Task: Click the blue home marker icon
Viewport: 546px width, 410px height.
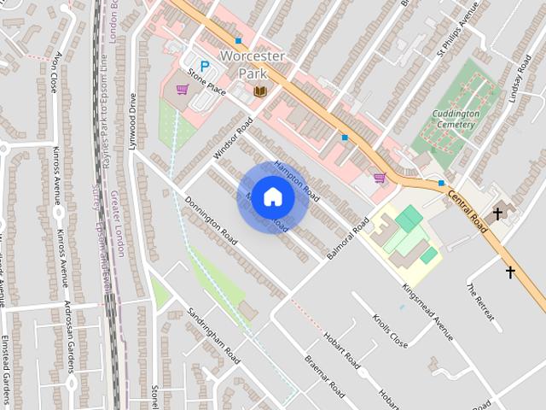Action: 272,196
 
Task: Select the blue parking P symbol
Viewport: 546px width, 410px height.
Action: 204,66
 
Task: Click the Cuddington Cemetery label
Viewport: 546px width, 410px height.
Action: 455,119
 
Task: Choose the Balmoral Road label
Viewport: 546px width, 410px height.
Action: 348,238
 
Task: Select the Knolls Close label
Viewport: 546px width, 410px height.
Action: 390,331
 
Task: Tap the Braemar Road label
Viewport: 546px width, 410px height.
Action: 324,377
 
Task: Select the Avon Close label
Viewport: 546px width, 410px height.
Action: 56,73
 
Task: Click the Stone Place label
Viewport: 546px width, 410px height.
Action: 205,85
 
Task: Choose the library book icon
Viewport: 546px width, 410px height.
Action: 260,91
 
